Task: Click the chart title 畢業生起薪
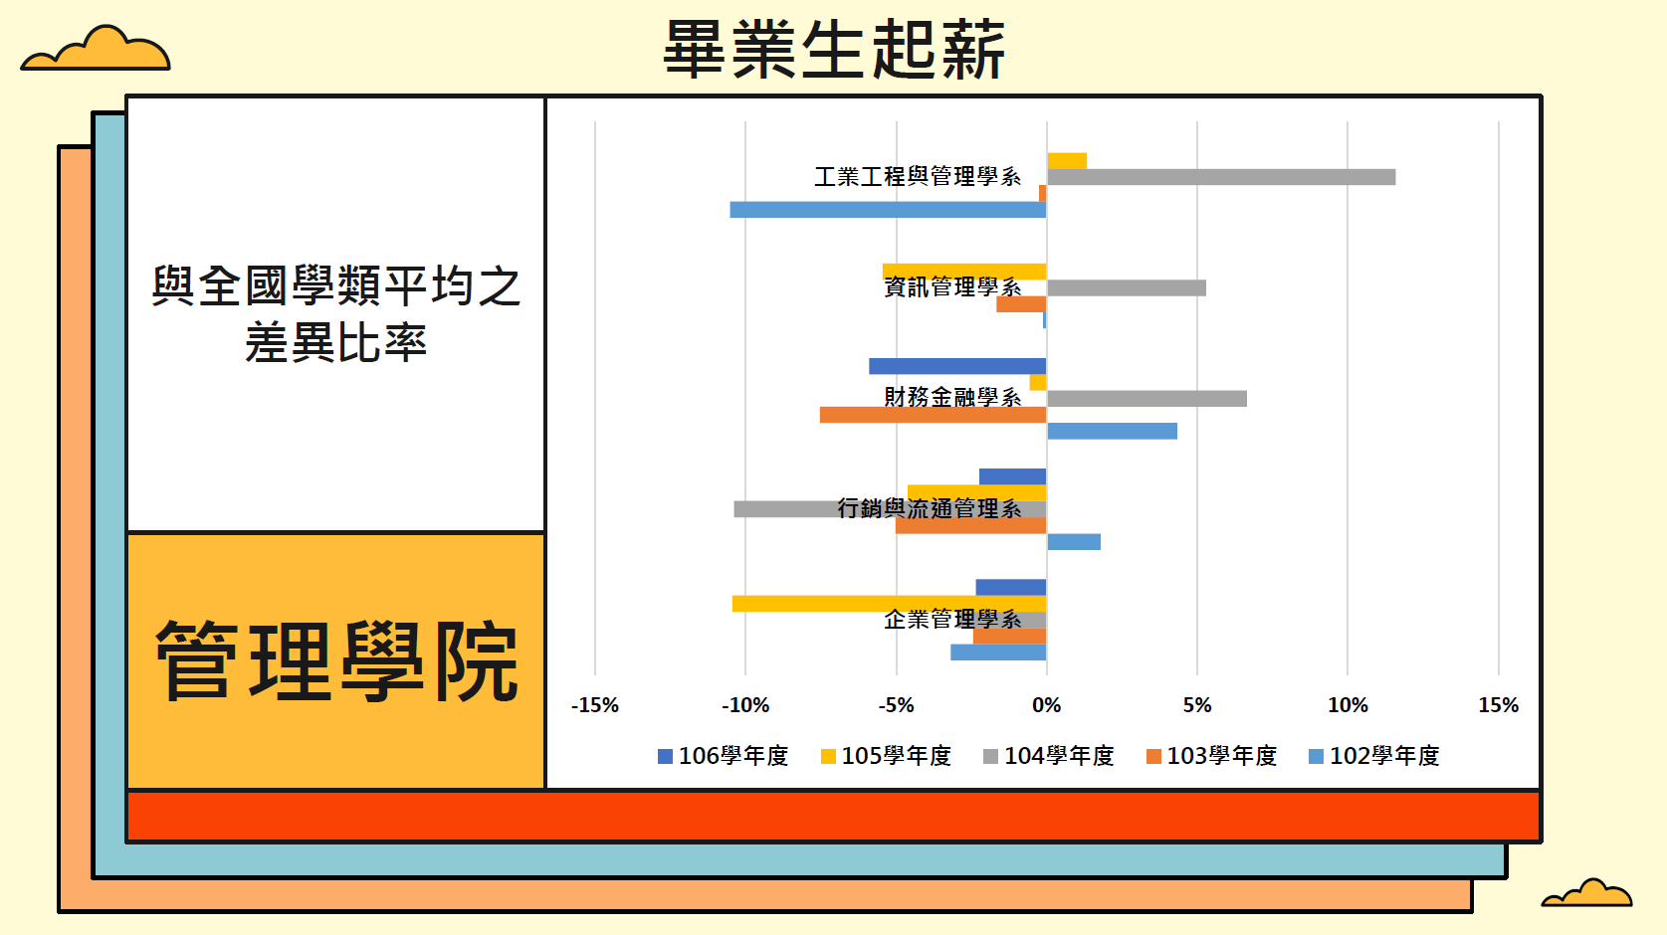point(834,50)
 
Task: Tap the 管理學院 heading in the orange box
point(336,661)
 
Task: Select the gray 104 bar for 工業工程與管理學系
point(1220,177)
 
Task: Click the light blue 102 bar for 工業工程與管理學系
point(888,210)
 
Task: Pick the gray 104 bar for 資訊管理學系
point(1126,288)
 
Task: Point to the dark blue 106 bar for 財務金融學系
point(956,366)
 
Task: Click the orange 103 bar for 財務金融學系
point(933,415)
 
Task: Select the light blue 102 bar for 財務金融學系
point(1112,431)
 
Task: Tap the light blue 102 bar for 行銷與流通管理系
point(1074,542)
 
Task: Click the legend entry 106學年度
point(724,756)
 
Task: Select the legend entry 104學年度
point(1049,756)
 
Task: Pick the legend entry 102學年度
point(1374,756)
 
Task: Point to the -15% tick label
point(595,705)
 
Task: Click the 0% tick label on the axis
point(1046,705)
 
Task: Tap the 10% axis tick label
point(1348,705)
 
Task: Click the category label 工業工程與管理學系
point(918,177)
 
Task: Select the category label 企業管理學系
point(952,620)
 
